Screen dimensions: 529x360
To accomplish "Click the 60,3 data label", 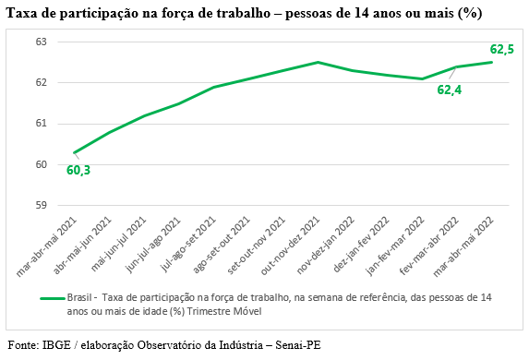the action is coord(78,171).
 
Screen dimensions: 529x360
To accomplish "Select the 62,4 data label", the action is coord(449,90).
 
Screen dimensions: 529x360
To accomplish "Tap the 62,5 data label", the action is coord(502,49).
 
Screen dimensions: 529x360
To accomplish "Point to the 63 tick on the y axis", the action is coord(42,42).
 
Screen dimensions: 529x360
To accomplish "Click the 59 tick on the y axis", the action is coord(42,205).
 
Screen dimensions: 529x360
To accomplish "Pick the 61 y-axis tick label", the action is coord(42,124).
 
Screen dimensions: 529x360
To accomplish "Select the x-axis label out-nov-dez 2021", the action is coord(290,246).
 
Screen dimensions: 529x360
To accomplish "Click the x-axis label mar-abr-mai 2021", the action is coord(46,247).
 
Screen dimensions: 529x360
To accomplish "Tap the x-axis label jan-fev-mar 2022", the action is coord(395,246).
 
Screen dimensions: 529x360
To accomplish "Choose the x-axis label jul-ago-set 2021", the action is coord(187,245).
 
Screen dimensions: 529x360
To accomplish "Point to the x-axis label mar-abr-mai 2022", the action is coord(463,247).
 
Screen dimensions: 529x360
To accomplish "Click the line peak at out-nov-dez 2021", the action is coord(318,62).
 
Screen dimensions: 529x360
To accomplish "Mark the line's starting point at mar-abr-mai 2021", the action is coord(75,153).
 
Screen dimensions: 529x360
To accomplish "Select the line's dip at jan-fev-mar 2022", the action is coord(422,79).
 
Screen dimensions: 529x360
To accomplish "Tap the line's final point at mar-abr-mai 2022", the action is coord(491,62).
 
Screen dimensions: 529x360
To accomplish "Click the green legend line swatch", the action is coord(53,298).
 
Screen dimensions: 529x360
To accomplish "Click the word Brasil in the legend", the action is coord(79,297).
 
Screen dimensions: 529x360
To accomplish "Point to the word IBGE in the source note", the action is coord(56,345).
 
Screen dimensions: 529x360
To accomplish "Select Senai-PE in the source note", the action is coord(298,345).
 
